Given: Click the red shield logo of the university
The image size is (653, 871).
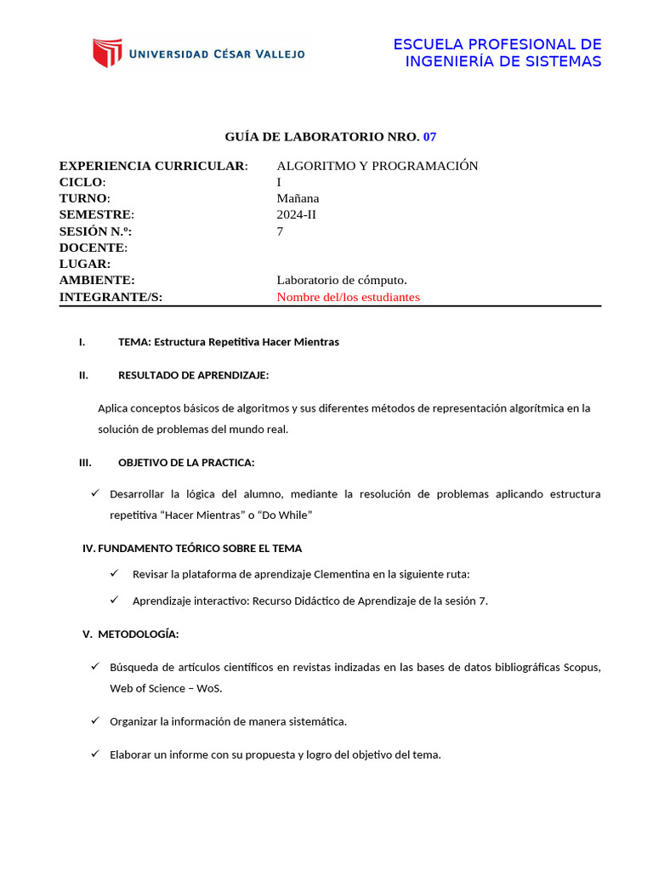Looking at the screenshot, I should (107, 53).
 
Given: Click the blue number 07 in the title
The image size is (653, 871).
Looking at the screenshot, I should (429, 136).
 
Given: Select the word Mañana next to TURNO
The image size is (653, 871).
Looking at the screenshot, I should (298, 198).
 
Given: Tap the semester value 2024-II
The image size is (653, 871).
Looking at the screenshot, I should (297, 214).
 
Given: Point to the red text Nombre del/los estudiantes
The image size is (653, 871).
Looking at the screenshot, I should (348, 297).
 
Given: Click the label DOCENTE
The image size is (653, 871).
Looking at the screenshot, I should (92, 248).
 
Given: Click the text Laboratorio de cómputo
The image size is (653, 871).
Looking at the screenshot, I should (342, 280).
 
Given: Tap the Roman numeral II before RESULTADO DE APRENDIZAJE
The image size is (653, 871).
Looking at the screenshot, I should (83, 375).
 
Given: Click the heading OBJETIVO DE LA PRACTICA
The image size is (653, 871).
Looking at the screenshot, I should (186, 463).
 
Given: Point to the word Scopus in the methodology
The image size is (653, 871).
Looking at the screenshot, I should (582, 668).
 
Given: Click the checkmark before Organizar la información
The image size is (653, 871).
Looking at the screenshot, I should (95, 721).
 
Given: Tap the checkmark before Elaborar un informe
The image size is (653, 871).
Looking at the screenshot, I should (95, 754).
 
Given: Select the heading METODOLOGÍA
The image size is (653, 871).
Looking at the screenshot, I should (138, 635).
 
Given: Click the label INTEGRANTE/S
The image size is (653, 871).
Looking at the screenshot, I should (110, 297).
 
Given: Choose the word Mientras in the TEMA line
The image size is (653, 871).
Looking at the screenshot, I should (315, 342).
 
